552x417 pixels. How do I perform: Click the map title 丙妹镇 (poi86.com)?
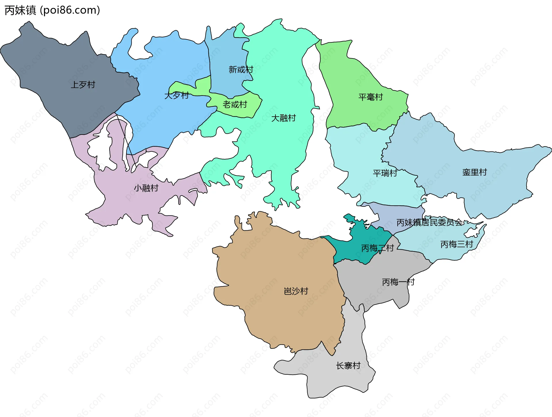click(x=52, y=10)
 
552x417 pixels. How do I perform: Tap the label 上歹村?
click(x=83, y=85)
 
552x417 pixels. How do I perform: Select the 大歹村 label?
click(x=177, y=95)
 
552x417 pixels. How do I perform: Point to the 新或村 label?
click(x=241, y=69)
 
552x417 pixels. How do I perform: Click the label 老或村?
click(x=235, y=105)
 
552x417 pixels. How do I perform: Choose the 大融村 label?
click(x=283, y=118)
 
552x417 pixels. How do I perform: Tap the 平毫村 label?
click(x=371, y=97)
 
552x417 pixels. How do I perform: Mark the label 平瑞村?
click(x=385, y=173)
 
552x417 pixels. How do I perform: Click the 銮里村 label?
click(x=474, y=172)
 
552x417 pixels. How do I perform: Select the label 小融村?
click(x=146, y=188)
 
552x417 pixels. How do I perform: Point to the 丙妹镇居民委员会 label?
click(x=430, y=222)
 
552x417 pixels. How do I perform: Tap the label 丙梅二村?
click(x=377, y=248)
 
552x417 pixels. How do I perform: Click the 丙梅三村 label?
click(x=457, y=244)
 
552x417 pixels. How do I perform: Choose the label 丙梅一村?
click(x=398, y=282)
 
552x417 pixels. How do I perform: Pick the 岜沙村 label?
click(x=296, y=291)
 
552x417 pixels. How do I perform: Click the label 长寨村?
click(x=348, y=366)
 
